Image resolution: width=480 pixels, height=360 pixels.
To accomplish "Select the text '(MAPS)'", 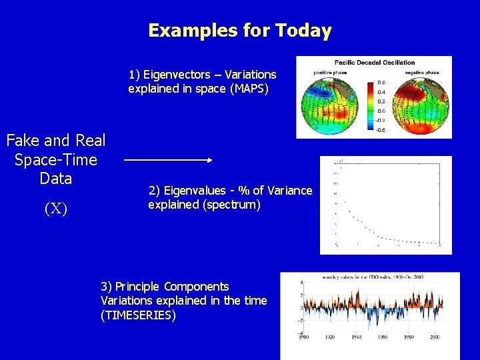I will click(x=249, y=89).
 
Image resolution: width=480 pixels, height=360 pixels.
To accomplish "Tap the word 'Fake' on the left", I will click(x=29, y=141).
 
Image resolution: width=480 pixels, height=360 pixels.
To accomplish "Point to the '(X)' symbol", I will click(x=55, y=209).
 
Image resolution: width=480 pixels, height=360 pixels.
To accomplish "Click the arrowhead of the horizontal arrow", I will click(x=209, y=160).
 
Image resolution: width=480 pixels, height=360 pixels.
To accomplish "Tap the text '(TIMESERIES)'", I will click(x=138, y=315).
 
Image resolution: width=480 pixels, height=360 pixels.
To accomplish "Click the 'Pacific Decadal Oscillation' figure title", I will click(x=374, y=63).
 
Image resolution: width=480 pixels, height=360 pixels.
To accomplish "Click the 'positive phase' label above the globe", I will click(x=320, y=72).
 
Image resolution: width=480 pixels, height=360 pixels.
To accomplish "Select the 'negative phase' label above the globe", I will click(x=423, y=72).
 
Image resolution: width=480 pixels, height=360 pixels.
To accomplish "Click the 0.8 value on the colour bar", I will click(x=381, y=83).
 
